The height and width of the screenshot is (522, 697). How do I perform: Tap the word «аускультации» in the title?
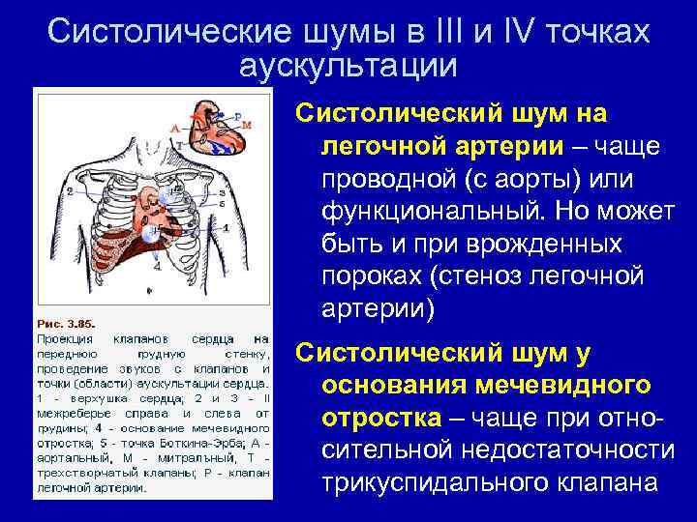pyautogui.click(x=347, y=67)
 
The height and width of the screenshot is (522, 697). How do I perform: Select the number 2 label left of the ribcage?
pyautogui.click(x=70, y=191)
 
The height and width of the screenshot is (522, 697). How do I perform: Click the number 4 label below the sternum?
pyautogui.click(x=159, y=267)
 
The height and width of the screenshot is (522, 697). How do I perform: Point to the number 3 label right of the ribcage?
pyautogui.click(x=224, y=192)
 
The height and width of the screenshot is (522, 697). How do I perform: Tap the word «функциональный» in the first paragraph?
pyautogui.click(x=425, y=212)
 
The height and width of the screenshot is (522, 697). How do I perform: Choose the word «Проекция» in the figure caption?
pyautogui.click(x=64, y=339)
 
